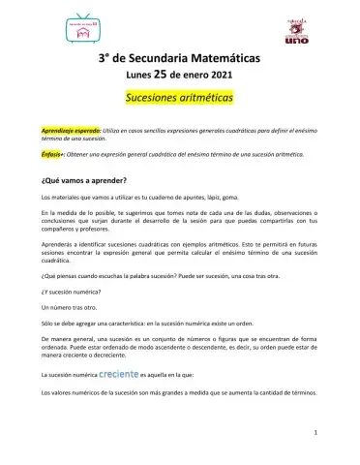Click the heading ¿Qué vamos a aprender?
coord(85,180)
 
